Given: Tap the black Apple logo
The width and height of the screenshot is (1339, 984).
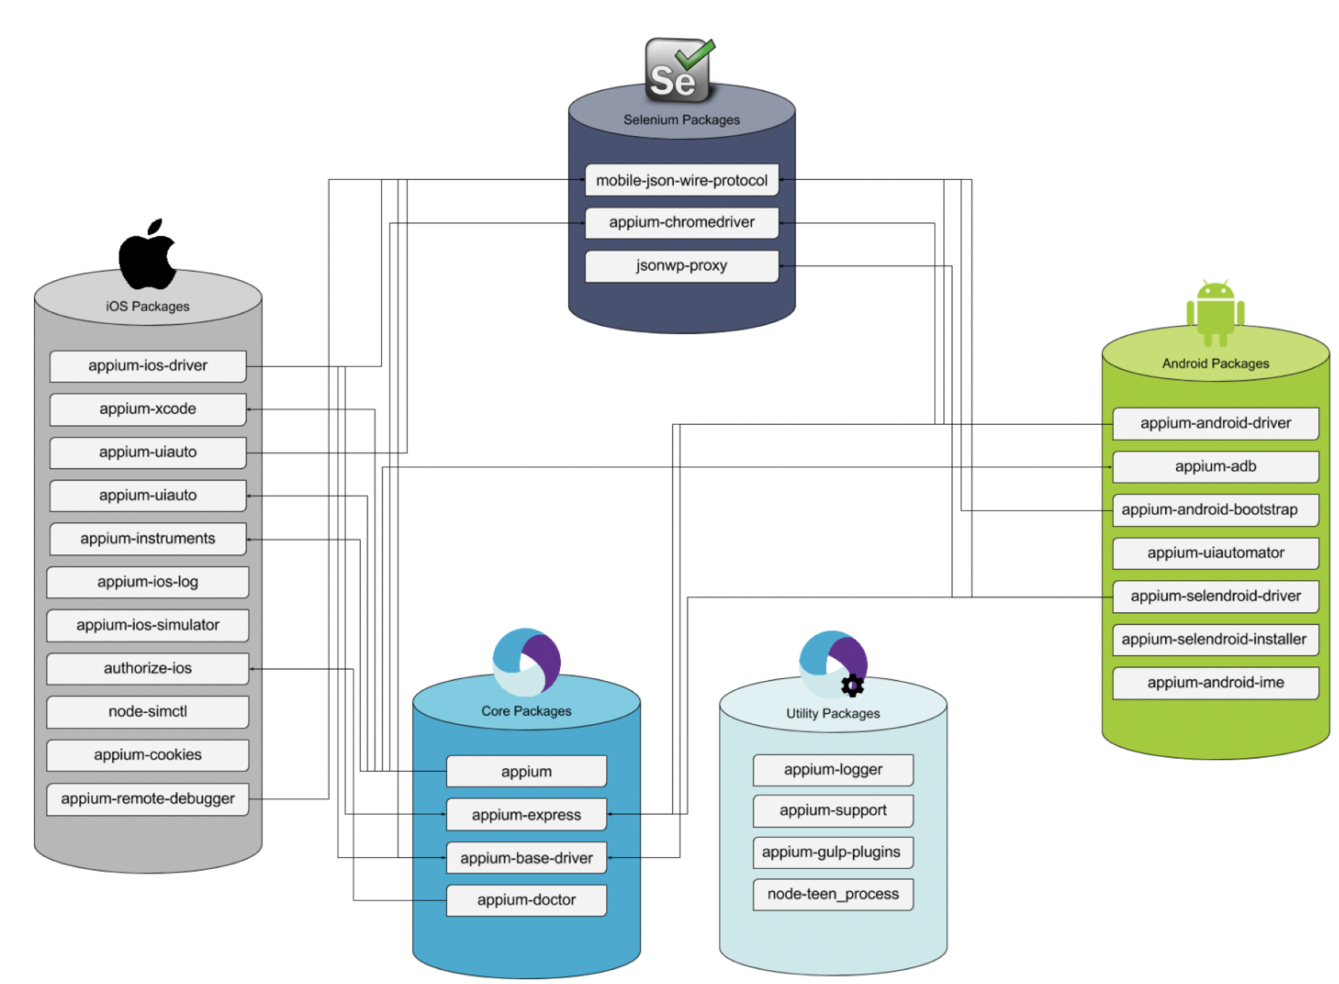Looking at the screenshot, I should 148,254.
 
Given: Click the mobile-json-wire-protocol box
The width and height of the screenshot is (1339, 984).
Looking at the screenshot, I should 681,180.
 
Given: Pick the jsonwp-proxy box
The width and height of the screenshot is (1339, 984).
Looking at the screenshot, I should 681,266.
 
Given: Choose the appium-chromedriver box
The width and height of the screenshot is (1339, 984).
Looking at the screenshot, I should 681,222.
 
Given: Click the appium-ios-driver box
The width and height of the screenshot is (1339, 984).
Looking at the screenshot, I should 148,366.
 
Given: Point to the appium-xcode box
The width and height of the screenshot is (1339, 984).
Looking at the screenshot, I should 148,409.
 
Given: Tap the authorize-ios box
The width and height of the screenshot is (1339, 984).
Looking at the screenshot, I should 148,669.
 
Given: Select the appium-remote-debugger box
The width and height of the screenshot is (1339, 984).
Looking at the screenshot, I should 148,799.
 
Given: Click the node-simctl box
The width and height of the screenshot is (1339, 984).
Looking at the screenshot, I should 148,712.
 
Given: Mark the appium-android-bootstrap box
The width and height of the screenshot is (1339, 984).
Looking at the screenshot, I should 1215,510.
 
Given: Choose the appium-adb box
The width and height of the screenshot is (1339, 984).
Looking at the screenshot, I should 1215,467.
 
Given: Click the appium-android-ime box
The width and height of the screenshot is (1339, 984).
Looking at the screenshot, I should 1215,683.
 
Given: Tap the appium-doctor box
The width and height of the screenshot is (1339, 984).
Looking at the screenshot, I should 526,900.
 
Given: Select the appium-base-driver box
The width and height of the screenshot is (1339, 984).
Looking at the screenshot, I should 526,858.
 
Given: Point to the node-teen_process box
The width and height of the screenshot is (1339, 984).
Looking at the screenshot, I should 833,894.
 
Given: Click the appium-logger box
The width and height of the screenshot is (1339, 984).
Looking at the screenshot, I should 833,770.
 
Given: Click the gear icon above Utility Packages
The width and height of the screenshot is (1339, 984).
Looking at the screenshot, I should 852,685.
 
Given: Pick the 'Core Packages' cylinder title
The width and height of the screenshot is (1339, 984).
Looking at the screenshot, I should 526,712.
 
